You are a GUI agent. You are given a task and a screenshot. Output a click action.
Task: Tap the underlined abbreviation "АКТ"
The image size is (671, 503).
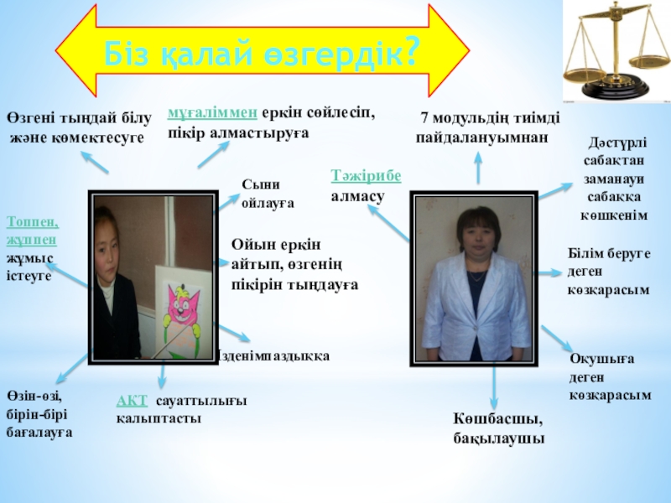tap(131, 402)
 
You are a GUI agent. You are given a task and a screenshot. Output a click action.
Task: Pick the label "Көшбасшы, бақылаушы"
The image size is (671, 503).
tap(497, 428)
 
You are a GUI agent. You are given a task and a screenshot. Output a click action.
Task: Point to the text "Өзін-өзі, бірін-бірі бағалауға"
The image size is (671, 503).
tap(39, 414)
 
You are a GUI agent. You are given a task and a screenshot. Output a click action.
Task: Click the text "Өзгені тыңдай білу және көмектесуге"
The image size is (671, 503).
tap(68, 127)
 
